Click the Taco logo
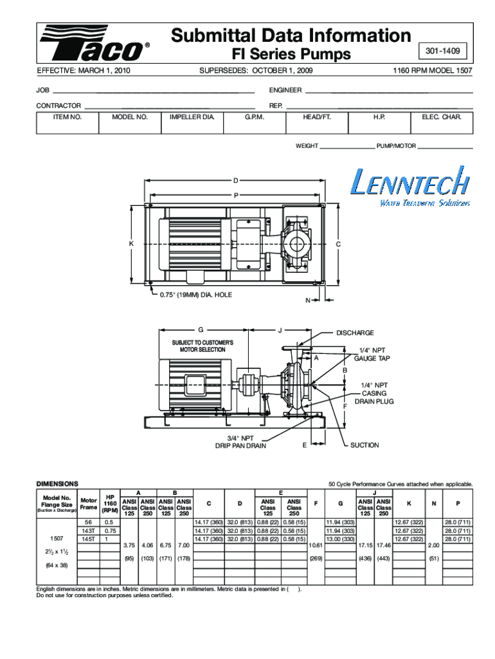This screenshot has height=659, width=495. (x=94, y=43)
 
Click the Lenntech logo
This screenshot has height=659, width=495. (x=410, y=186)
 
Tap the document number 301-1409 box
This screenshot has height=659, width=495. (x=442, y=51)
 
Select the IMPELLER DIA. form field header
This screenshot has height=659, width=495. (x=192, y=117)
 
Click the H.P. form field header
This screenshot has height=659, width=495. (x=379, y=117)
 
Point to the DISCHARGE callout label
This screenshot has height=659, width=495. (x=355, y=333)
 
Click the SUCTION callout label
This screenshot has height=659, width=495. (x=364, y=445)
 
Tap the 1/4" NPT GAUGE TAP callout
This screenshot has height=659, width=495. (x=372, y=355)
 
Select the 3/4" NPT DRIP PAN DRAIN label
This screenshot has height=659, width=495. (x=240, y=441)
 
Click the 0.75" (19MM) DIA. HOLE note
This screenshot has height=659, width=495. (x=195, y=295)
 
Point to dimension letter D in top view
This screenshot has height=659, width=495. (x=235, y=181)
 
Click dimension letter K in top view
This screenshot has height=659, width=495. (x=131, y=244)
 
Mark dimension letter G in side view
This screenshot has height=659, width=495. (x=201, y=330)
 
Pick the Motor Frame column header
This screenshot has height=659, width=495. (x=89, y=503)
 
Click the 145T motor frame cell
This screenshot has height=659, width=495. (x=89, y=539)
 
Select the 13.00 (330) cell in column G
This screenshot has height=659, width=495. (x=340, y=539)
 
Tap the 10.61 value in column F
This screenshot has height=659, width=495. (x=316, y=545)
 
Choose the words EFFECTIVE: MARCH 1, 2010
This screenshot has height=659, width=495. (x=84, y=71)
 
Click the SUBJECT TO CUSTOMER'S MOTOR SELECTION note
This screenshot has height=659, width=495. (x=203, y=346)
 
